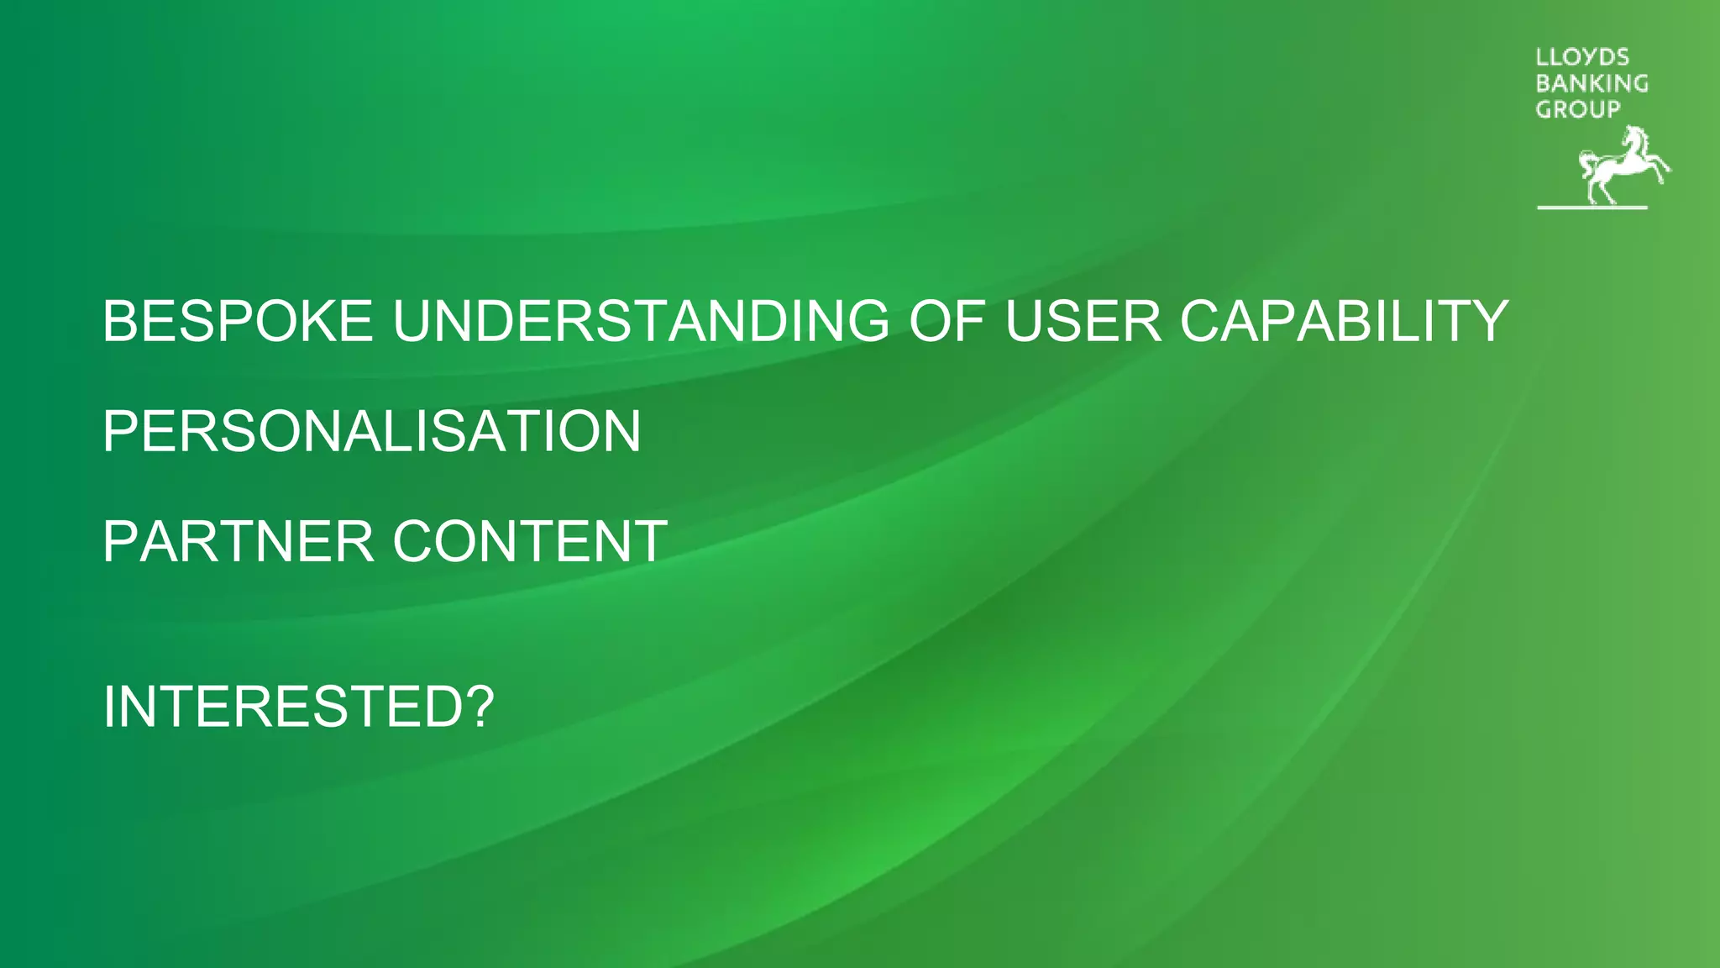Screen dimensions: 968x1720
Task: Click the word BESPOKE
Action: [x=237, y=321]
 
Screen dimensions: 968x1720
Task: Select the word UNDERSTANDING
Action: [x=640, y=321]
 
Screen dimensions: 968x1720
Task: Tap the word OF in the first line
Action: [x=946, y=321]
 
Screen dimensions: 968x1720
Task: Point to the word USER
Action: [x=1083, y=321]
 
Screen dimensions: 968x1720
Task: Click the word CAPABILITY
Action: [x=1344, y=321]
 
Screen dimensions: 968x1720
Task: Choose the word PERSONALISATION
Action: [x=371, y=431]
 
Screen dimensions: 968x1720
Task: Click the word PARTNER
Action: [x=238, y=541]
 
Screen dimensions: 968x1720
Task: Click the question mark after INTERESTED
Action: [x=479, y=707]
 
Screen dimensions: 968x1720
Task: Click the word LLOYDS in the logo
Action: [x=1582, y=57]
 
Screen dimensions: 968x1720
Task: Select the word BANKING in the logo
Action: [x=1592, y=83]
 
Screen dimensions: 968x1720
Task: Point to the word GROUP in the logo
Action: [x=1577, y=109]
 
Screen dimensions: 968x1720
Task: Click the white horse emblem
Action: [x=1617, y=166]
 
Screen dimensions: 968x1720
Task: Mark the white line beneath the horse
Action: [x=1592, y=207]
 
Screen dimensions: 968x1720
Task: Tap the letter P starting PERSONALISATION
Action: [x=120, y=431]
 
